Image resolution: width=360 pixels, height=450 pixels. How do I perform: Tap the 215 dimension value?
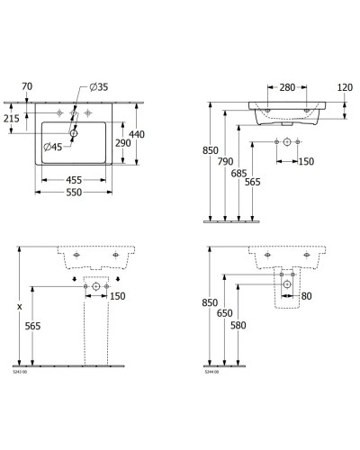point(12,117)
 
